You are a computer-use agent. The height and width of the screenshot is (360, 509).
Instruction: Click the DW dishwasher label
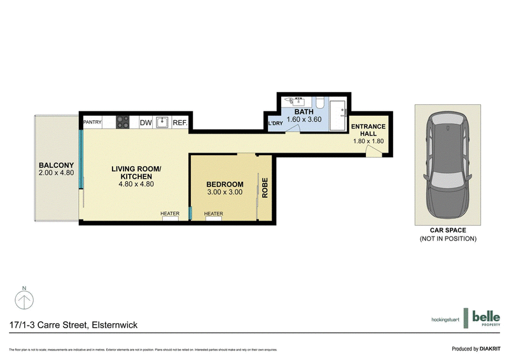click(145, 123)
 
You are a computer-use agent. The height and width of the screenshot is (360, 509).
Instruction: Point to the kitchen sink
click(162, 122)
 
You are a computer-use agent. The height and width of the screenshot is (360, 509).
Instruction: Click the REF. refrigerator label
click(179, 123)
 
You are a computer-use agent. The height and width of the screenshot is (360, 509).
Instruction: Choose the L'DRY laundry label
click(275, 123)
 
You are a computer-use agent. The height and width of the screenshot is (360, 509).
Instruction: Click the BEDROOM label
click(225, 184)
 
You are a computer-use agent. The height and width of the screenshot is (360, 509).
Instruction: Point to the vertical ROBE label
click(265, 188)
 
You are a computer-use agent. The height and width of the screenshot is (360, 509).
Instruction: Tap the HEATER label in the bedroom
click(213, 214)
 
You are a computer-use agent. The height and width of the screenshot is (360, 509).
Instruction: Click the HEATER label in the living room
click(170, 214)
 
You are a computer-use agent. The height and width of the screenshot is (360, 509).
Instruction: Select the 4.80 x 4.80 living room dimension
click(137, 184)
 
